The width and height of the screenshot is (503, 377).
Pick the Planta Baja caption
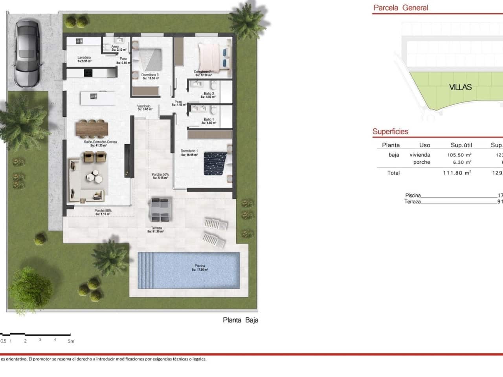pyautogui.click(x=240, y=320)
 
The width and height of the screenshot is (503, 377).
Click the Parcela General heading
pyautogui.click(x=401, y=7)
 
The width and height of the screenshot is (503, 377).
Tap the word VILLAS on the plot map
pyautogui.click(x=460, y=87)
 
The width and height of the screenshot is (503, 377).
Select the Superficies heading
pyautogui.click(x=390, y=132)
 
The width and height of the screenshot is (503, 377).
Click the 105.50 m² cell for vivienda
pyautogui.click(x=459, y=155)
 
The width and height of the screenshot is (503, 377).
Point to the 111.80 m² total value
pyautogui.click(x=457, y=173)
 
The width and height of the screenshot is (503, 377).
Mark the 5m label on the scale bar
pyautogui.click(x=71, y=341)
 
